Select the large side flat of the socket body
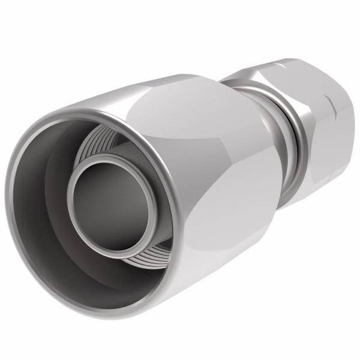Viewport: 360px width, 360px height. point(234,198)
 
